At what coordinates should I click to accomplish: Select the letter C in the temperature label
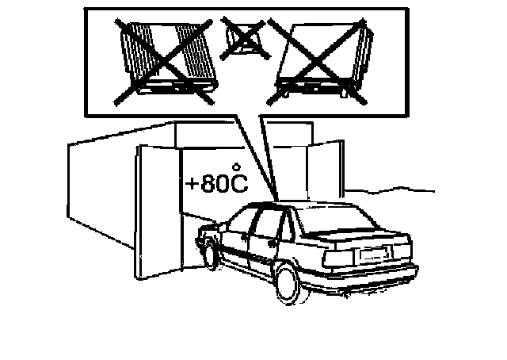click(x=238, y=184)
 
